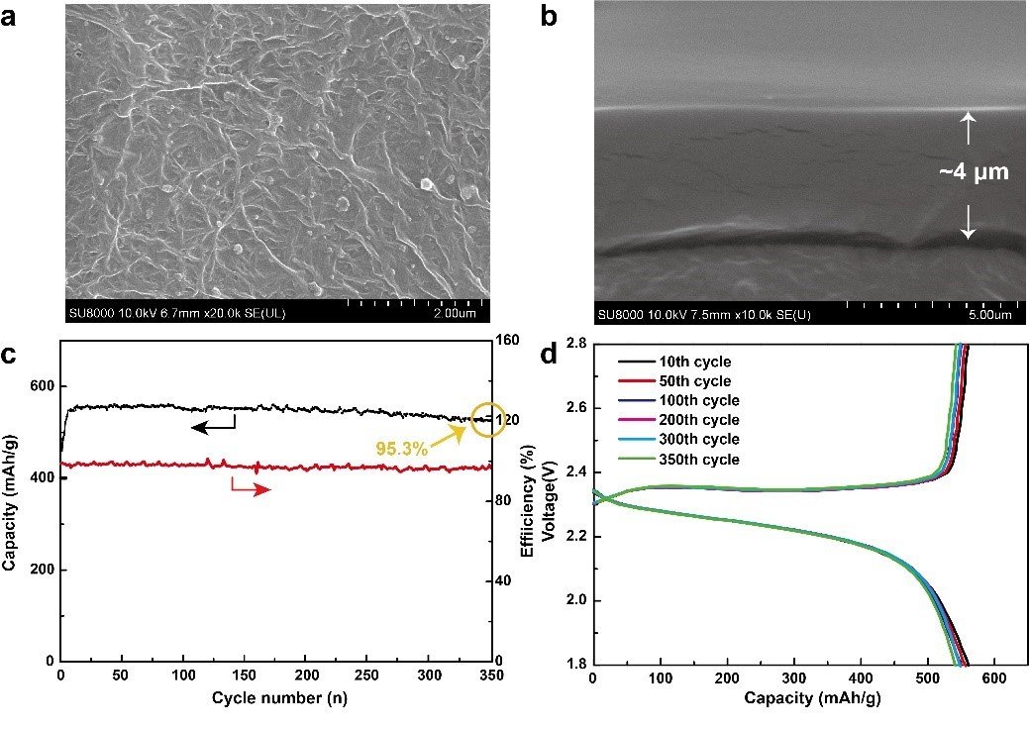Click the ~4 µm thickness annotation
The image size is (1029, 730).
point(974,172)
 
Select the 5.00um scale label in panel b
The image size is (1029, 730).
point(988,315)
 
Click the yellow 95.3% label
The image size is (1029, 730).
point(401,449)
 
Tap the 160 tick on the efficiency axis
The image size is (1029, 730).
point(507,341)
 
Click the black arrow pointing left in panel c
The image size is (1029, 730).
point(212,426)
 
